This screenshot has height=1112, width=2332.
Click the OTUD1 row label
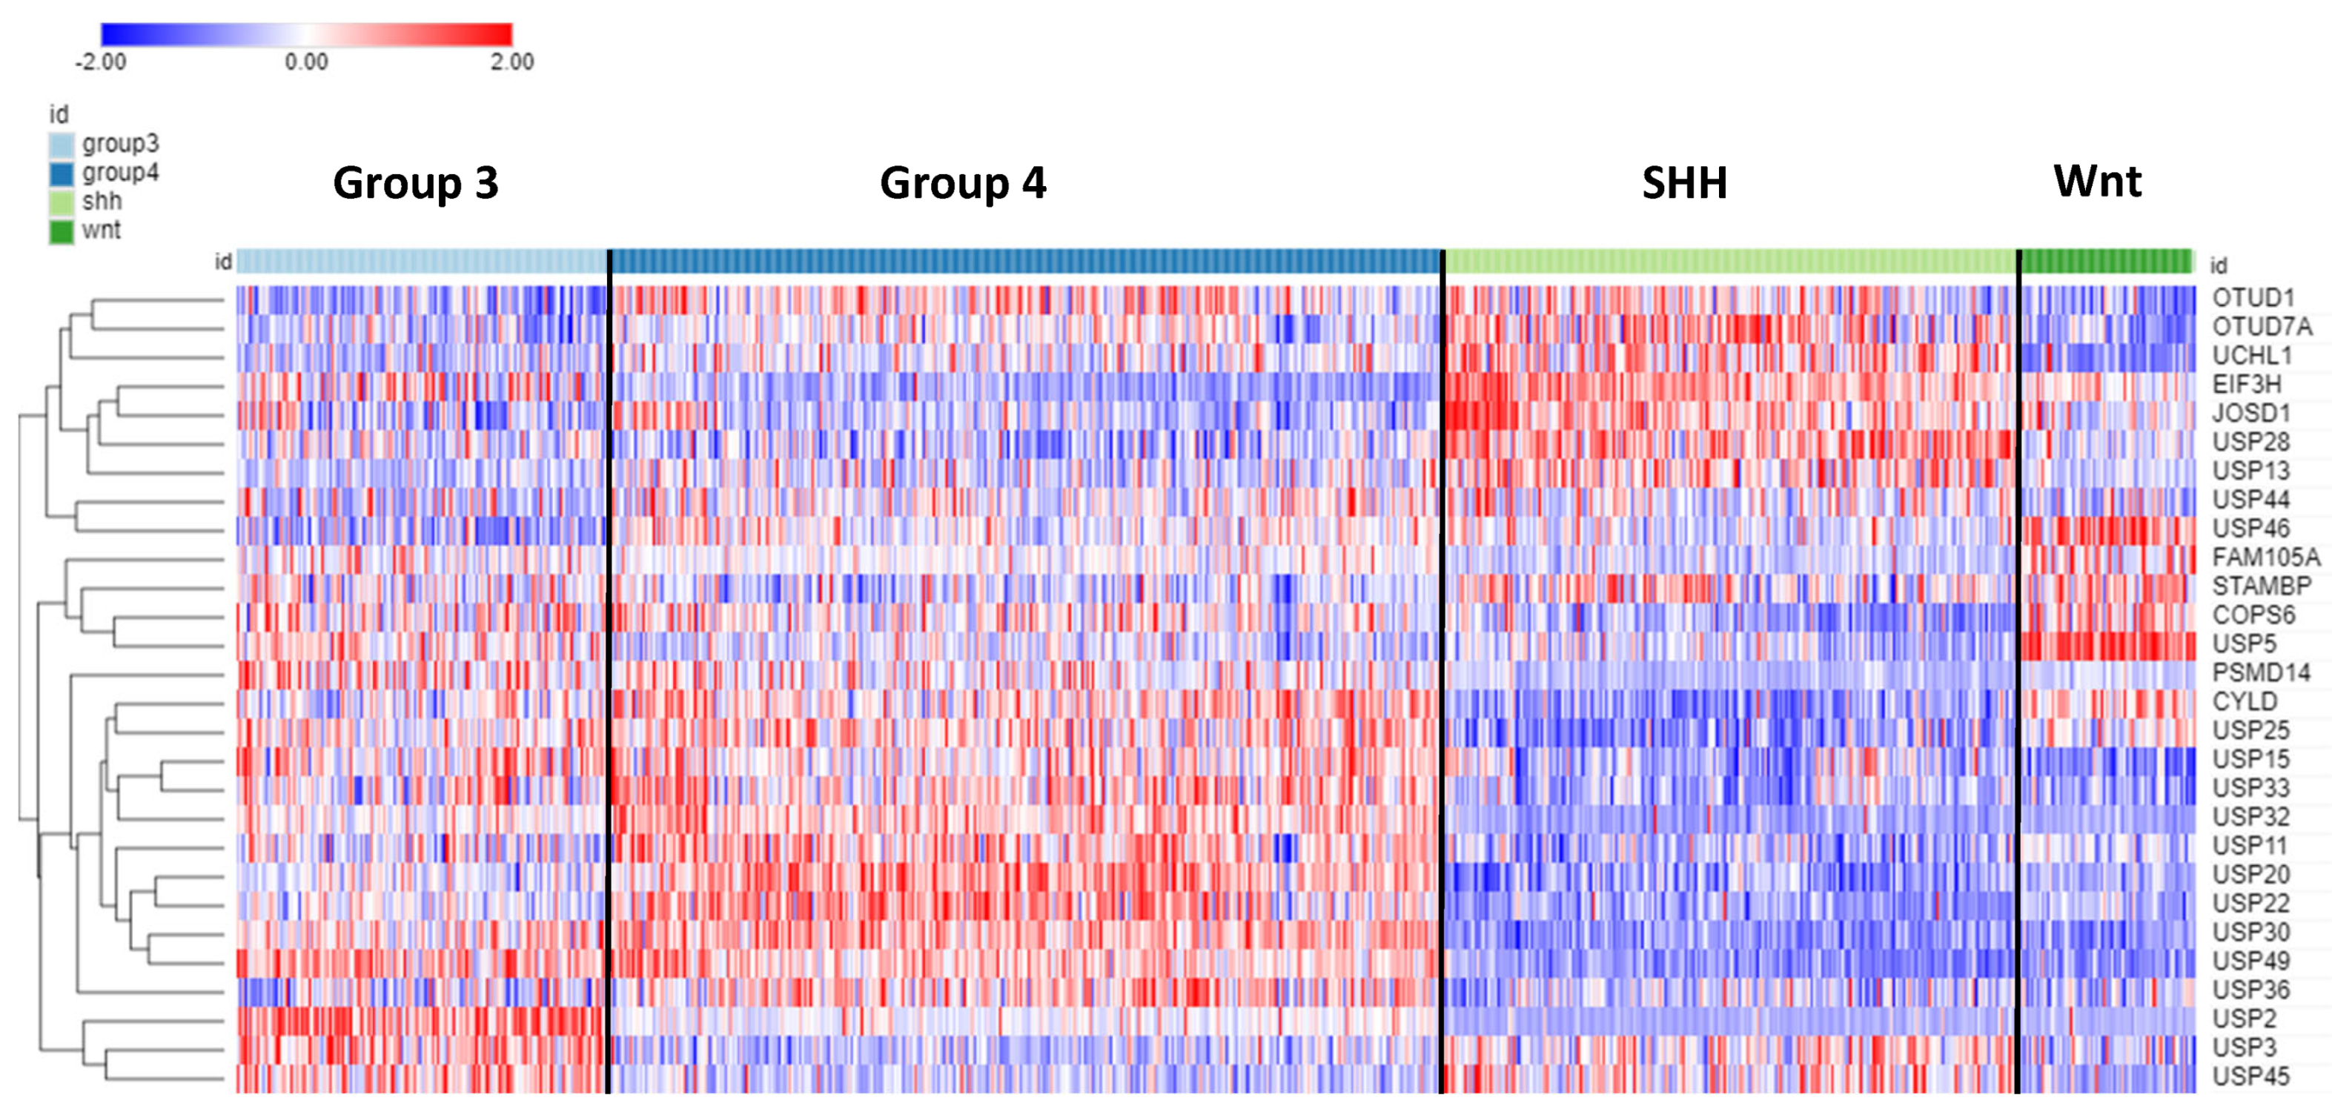(x=2253, y=298)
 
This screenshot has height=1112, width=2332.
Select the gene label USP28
(x=2250, y=442)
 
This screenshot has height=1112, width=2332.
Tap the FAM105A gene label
(x=2266, y=557)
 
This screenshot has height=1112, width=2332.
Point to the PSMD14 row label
(x=2261, y=673)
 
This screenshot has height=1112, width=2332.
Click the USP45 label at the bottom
(x=2250, y=1076)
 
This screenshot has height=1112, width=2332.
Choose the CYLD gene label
(x=2245, y=702)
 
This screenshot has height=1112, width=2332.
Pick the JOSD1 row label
(x=2250, y=414)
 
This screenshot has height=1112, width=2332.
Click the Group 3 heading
(x=416, y=183)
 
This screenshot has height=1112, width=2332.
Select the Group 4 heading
(x=962, y=183)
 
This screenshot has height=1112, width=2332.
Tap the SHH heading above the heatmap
(x=1684, y=183)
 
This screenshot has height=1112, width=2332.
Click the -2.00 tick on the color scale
(x=101, y=62)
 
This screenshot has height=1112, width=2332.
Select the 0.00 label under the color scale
(x=306, y=62)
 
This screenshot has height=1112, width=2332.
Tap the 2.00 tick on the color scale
(x=512, y=62)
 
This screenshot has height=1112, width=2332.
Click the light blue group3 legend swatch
(x=62, y=145)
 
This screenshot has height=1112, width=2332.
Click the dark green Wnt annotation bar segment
(x=2106, y=262)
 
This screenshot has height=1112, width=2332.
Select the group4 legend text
(x=119, y=173)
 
